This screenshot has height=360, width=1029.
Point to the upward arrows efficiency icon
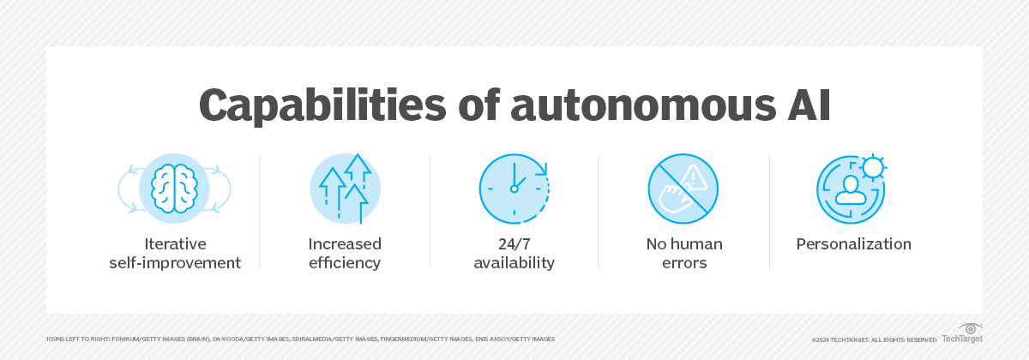pos(345,189)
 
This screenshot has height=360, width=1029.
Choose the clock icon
pos(514,189)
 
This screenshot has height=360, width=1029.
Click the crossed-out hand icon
pos(683,189)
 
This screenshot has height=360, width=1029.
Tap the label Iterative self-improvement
pos(175,254)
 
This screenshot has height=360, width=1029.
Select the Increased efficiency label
pos(345,254)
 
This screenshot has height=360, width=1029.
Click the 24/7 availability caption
pos(514,254)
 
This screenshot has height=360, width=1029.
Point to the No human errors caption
pos(683,254)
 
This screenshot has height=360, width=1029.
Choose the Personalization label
pos(853,244)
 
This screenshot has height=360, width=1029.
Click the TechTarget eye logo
pos(970,328)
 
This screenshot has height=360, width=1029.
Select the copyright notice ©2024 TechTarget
pos(874,339)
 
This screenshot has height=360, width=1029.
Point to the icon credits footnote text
pos(300,339)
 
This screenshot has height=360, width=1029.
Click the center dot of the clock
pos(514,189)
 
